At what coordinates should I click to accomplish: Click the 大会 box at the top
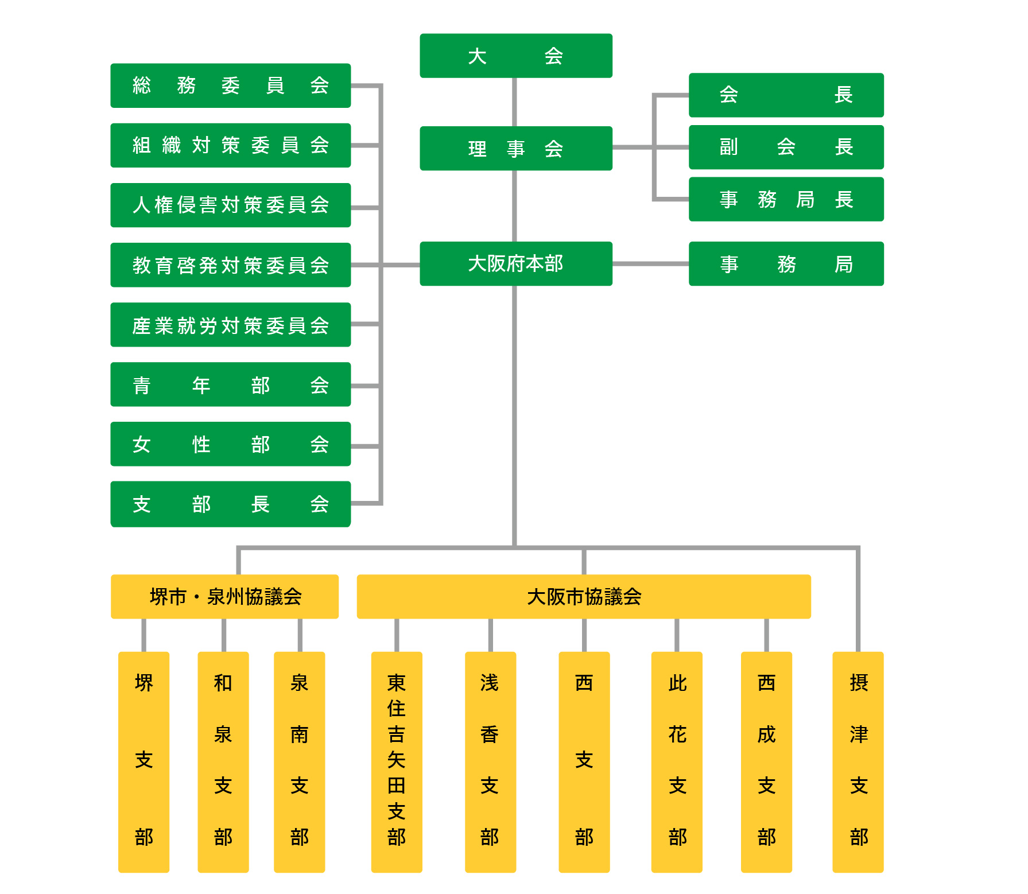pos(516,56)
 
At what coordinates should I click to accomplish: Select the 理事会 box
pos(516,149)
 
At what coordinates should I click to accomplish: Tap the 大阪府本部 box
pos(516,264)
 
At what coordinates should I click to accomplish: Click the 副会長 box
pos(786,147)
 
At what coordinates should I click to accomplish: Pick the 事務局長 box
pos(786,199)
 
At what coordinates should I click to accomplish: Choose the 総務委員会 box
pos(231,85)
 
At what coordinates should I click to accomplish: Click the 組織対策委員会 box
pos(231,145)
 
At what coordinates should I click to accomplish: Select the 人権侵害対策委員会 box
pos(231,205)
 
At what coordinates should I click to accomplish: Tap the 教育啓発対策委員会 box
pos(231,265)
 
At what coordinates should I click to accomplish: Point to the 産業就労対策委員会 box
pos(231,325)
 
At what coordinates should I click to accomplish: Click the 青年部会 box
pos(231,384)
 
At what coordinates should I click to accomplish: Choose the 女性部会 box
pos(231,444)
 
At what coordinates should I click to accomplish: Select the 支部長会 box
pos(231,504)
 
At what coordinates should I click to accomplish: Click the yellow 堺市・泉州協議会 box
pos(224,597)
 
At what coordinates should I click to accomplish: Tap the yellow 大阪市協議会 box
pos(584,597)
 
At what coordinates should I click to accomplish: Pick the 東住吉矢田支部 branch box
pos(397,762)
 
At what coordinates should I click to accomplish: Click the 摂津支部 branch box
pos(858,762)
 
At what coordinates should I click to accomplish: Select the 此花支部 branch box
pos(677,762)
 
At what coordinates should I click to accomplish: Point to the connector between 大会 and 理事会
pos(514,102)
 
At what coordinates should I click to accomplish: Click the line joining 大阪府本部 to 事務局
pos(650,264)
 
